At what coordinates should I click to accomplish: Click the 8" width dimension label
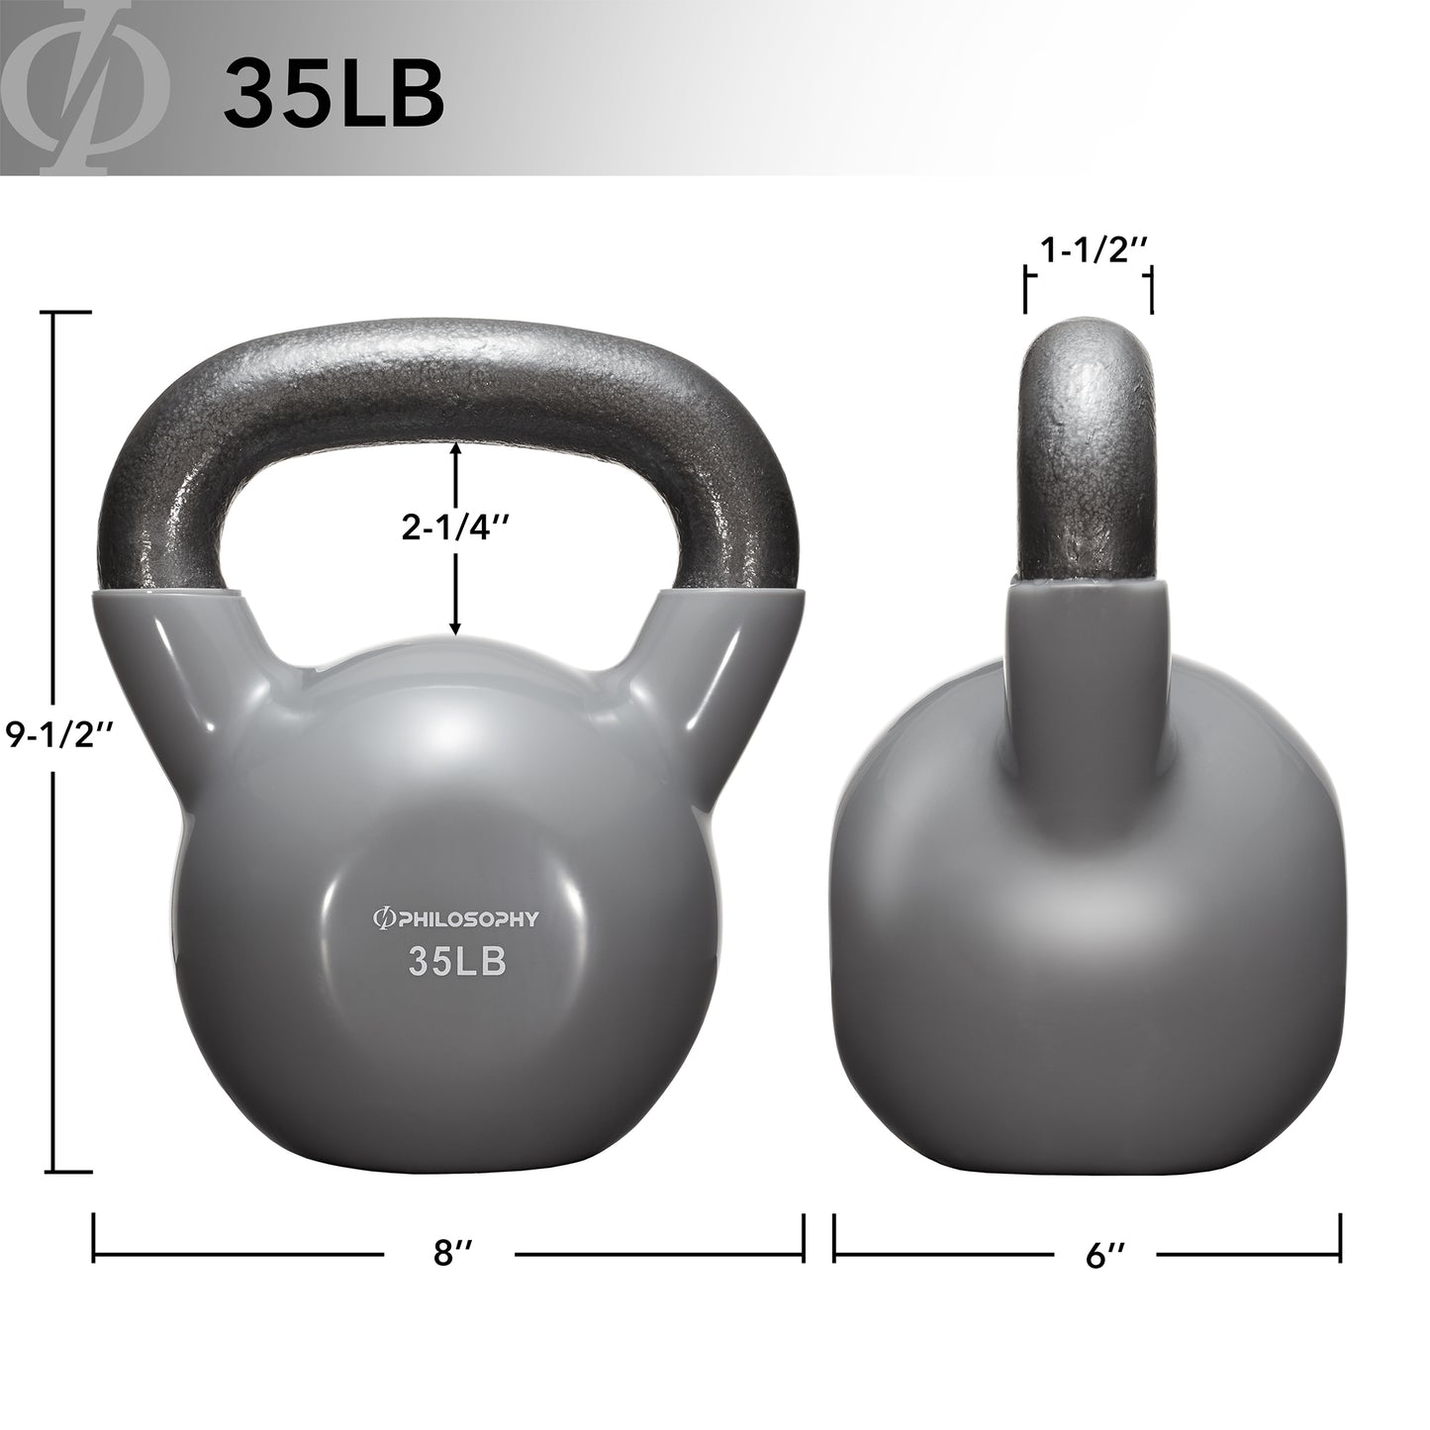click(450, 1253)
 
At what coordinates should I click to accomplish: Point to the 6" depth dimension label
click(1103, 1253)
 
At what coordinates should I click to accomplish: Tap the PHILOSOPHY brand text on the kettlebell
click(464, 919)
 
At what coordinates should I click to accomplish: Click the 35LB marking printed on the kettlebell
click(457, 963)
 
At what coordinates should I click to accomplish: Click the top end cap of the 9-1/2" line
click(70, 313)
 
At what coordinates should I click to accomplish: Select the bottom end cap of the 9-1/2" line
click(70, 1171)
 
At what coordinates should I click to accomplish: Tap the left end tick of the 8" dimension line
click(94, 1236)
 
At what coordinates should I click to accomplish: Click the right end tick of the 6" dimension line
click(1340, 1236)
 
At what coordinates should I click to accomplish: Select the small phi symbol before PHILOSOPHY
click(378, 919)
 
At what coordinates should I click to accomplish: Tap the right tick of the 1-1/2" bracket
click(1150, 290)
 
